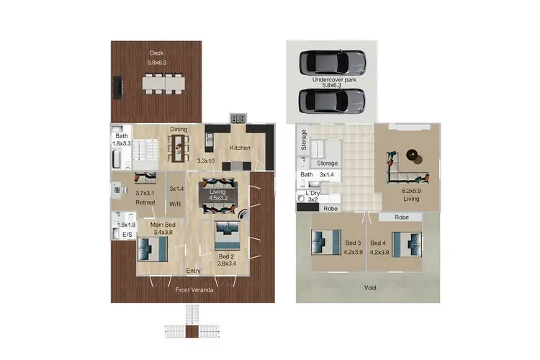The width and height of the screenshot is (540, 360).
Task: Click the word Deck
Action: (x=156, y=53)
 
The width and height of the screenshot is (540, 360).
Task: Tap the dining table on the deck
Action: (x=163, y=84)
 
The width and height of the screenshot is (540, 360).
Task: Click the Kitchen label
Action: (x=240, y=148)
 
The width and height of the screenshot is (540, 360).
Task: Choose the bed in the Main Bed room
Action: (x=153, y=249)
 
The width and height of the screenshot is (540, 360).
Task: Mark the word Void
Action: (x=369, y=287)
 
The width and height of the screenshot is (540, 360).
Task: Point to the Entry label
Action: (x=193, y=271)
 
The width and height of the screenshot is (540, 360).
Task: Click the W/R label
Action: (x=174, y=204)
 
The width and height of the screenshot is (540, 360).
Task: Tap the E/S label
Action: (x=127, y=235)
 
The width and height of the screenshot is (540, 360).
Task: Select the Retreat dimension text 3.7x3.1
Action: (x=146, y=193)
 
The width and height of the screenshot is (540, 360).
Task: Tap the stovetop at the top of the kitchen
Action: (x=238, y=118)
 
